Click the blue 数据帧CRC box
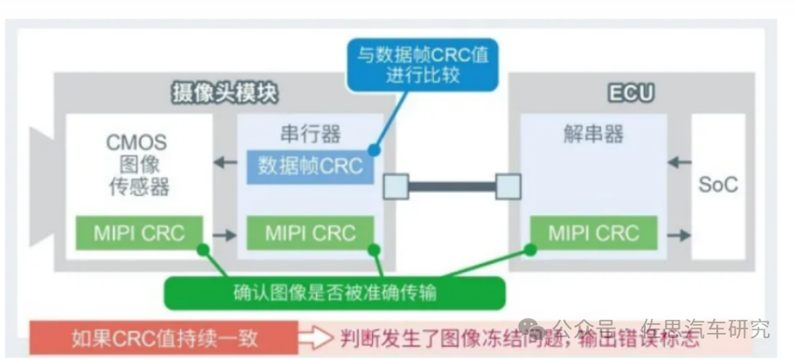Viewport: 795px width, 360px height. (310, 166)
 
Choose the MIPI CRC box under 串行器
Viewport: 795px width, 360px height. (310, 233)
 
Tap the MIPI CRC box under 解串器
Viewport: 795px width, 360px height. (593, 233)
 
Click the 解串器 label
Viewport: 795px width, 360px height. (593, 134)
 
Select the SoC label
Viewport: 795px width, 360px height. (718, 185)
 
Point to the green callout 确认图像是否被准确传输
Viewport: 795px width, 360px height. (335, 294)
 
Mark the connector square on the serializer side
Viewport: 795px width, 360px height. (395, 186)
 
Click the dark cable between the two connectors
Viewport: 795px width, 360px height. (452, 186)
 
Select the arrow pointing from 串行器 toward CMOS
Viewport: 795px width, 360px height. (225, 163)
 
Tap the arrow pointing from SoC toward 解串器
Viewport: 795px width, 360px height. (677, 163)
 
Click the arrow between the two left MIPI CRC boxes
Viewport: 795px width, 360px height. (224, 234)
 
